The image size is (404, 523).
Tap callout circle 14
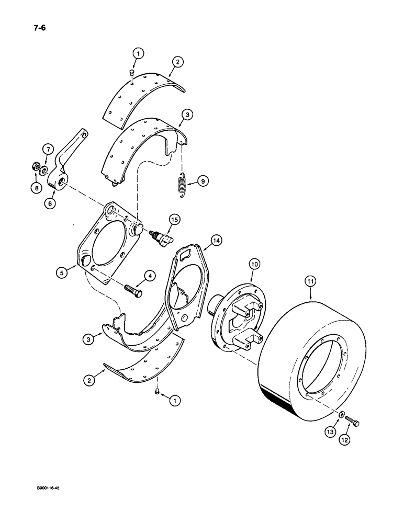coord(216,240)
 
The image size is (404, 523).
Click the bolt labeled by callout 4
coord(133,289)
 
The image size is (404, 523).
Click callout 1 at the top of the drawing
coord(137,52)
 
